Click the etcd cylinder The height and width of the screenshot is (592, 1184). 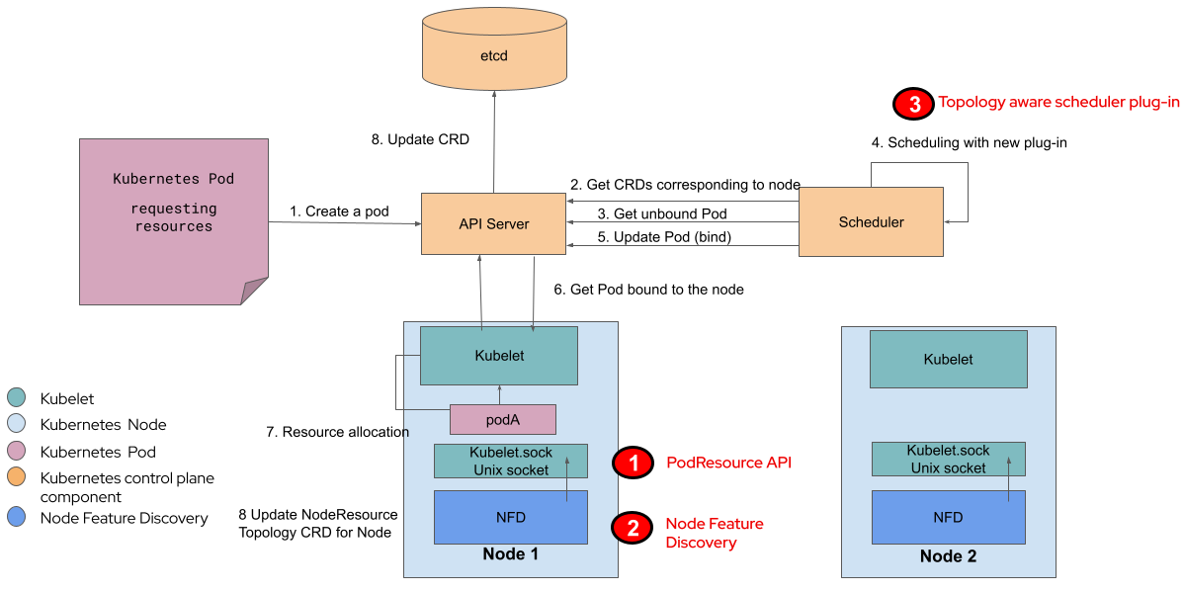click(494, 57)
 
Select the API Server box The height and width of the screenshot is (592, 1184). click(493, 223)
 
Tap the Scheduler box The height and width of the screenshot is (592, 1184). click(871, 222)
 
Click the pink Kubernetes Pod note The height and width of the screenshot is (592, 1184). click(173, 219)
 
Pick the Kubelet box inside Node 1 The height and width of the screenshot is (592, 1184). click(498, 355)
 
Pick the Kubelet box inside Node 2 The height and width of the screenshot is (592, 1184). click(948, 360)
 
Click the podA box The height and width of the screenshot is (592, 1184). click(502, 419)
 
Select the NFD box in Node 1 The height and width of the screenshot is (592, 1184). click(510, 516)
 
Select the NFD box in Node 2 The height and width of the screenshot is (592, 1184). click(948, 516)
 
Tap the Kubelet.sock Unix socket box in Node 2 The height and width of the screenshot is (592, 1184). click(948, 460)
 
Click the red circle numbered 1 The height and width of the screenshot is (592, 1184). click(633, 463)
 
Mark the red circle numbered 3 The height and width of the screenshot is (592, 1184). click(911, 103)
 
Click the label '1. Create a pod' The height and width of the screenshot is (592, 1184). click(339, 211)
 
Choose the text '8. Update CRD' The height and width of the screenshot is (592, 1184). click(420, 139)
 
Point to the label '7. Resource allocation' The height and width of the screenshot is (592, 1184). click(337, 432)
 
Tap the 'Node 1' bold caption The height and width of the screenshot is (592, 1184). click(510, 554)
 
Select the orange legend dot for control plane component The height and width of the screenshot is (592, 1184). click(17, 478)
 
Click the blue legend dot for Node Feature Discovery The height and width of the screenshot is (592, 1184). click(17, 517)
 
